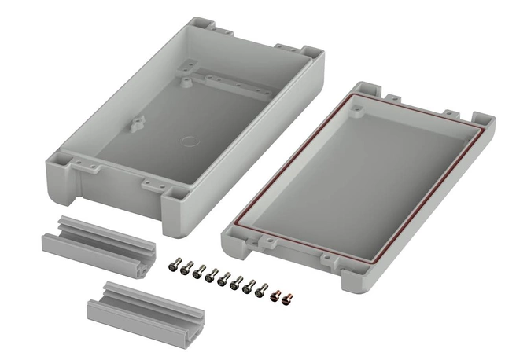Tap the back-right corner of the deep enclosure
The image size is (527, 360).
311,55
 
